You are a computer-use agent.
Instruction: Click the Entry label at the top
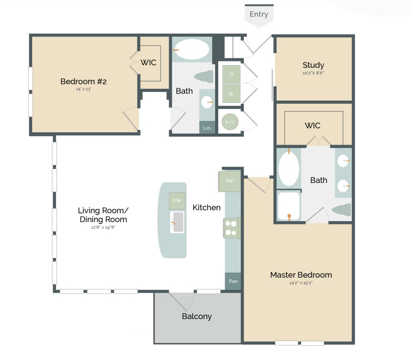click(x=259, y=14)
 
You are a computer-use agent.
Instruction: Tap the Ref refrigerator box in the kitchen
click(x=230, y=181)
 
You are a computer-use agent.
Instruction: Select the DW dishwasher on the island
click(x=177, y=201)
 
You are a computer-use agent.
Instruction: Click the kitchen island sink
click(x=177, y=222)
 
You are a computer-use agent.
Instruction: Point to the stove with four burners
click(x=231, y=228)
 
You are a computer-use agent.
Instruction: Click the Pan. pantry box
click(x=233, y=281)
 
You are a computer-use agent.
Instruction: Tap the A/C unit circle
click(x=230, y=122)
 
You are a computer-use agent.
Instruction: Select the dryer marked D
click(x=231, y=74)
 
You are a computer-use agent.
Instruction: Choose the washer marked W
click(x=231, y=94)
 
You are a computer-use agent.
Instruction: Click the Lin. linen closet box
click(x=207, y=128)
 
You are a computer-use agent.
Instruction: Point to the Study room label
click(x=313, y=65)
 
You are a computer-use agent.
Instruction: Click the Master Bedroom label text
click(x=301, y=275)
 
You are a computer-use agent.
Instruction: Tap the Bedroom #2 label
click(x=83, y=81)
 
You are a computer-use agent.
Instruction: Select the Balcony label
click(x=197, y=316)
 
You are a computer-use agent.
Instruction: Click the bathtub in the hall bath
click(x=192, y=50)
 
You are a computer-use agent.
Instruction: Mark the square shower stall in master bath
click(x=289, y=206)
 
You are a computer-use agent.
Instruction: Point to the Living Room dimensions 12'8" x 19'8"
click(x=103, y=227)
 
